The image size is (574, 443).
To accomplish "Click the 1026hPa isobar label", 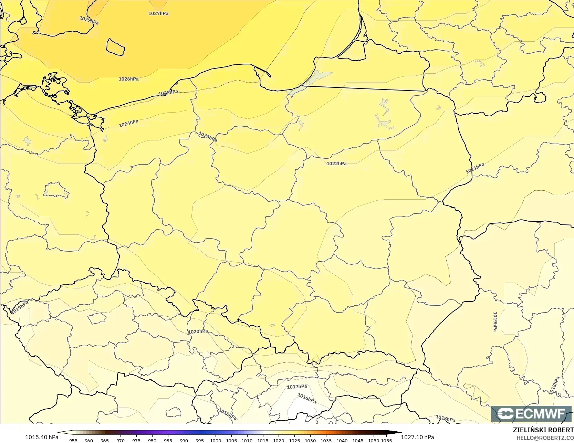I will (129, 79).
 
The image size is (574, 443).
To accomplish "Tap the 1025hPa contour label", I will (168, 93).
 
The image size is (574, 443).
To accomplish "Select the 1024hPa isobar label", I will (129, 124).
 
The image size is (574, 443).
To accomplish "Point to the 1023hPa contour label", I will (208, 137).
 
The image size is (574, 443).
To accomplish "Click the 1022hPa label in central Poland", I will (336, 164).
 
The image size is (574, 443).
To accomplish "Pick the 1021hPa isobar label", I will (475, 168).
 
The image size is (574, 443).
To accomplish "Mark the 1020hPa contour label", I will (198, 331).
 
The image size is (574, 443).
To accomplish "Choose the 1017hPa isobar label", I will (297, 387).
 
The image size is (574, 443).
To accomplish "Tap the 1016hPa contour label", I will (306, 398).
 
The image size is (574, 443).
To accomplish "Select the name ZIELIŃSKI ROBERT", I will (543, 430).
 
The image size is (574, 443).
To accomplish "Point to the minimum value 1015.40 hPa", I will (42, 437).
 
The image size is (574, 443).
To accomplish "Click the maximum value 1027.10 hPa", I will (417, 437).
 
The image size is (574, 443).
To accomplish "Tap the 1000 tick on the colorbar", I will (216, 440).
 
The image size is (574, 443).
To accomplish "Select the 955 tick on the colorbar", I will (73, 440).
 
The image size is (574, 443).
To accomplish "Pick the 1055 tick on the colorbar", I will (386, 440).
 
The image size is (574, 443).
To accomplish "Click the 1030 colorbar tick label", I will (310, 440).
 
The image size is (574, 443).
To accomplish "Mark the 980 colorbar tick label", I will (152, 440).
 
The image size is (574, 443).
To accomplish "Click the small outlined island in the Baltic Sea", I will (115, 47).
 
